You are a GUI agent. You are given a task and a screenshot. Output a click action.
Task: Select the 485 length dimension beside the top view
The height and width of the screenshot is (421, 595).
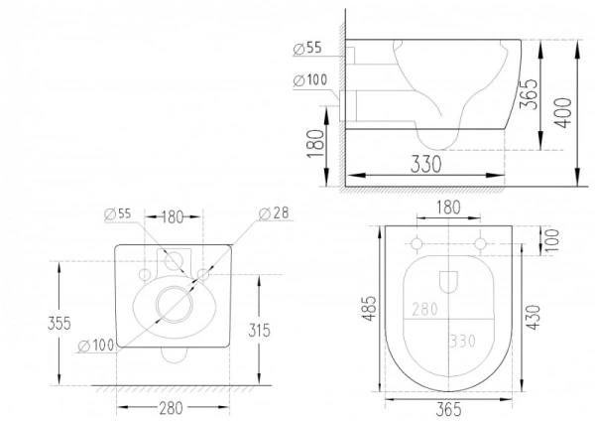(370, 308)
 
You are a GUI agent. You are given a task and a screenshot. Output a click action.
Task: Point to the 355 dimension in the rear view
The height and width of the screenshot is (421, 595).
(59, 323)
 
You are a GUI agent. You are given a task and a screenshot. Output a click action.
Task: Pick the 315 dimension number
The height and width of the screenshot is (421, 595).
(259, 331)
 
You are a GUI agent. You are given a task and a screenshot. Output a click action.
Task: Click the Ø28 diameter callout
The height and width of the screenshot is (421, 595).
(274, 213)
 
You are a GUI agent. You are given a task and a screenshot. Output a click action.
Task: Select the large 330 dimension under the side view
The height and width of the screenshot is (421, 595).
(425, 164)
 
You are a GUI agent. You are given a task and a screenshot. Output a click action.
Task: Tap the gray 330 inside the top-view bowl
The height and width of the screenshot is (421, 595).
(462, 341)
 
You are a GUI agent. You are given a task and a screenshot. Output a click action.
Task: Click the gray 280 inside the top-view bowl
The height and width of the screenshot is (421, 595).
(424, 309)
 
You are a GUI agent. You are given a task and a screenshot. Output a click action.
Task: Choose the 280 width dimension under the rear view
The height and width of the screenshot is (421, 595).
(171, 408)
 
